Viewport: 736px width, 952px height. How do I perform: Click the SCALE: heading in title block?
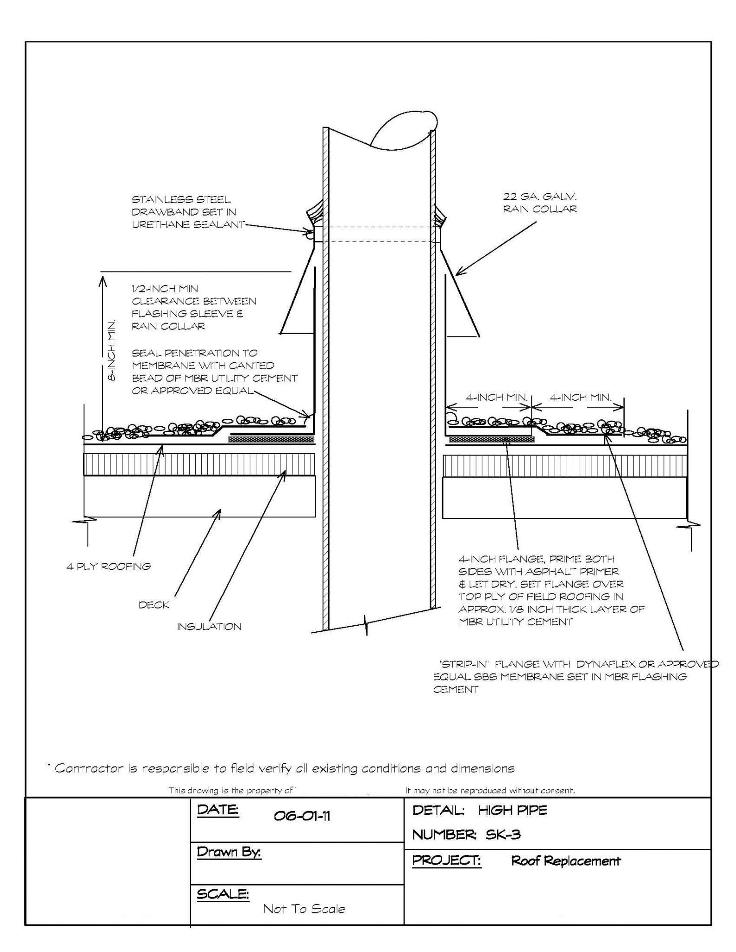pyautogui.click(x=223, y=894)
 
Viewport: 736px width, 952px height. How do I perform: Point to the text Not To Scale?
pyautogui.click(x=304, y=908)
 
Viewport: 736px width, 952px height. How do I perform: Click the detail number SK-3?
pyautogui.click(x=503, y=834)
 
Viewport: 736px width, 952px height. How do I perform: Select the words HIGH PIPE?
pyautogui.click(x=512, y=810)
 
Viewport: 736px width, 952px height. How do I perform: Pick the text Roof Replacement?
pyautogui.click(x=566, y=861)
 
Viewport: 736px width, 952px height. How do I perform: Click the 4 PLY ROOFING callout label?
pyautogui.click(x=108, y=566)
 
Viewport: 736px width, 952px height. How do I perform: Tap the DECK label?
pyautogui.click(x=154, y=605)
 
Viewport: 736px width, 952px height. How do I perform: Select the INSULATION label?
pyautogui.click(x=209, y=627)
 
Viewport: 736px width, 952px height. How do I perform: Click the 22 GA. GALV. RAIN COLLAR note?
pyautogui.click(x=539, y=203)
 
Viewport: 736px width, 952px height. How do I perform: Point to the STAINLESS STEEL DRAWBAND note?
pyautogui.click(x=188, y=212)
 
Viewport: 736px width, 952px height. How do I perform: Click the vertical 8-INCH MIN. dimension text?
pyautogui.click(x=112, y=351)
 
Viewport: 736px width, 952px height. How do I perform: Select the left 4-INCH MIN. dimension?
pyautogui.click(x=497, y=397)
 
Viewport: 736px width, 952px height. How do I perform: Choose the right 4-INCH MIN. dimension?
pyautogui.click(x=580, y=397)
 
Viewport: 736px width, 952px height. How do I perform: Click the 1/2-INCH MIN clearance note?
pyautogui.click(x=193, y=307)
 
